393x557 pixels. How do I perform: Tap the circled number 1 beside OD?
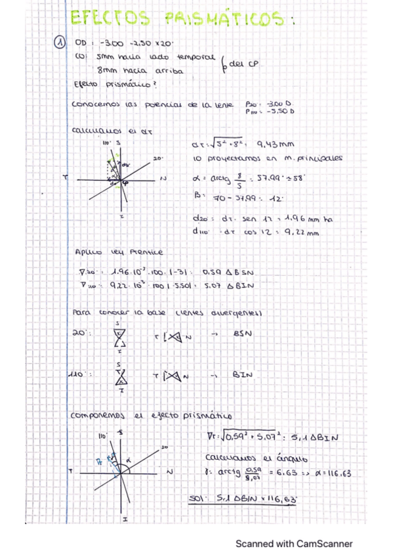tap(58, 43)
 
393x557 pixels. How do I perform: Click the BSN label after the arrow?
tap(243, 334)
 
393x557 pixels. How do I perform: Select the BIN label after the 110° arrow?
tap(242, 376)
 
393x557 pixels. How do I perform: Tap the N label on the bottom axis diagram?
tap(169, 472)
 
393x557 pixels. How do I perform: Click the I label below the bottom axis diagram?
tap(124, 519)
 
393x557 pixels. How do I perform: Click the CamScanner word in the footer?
tap(324, 544)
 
